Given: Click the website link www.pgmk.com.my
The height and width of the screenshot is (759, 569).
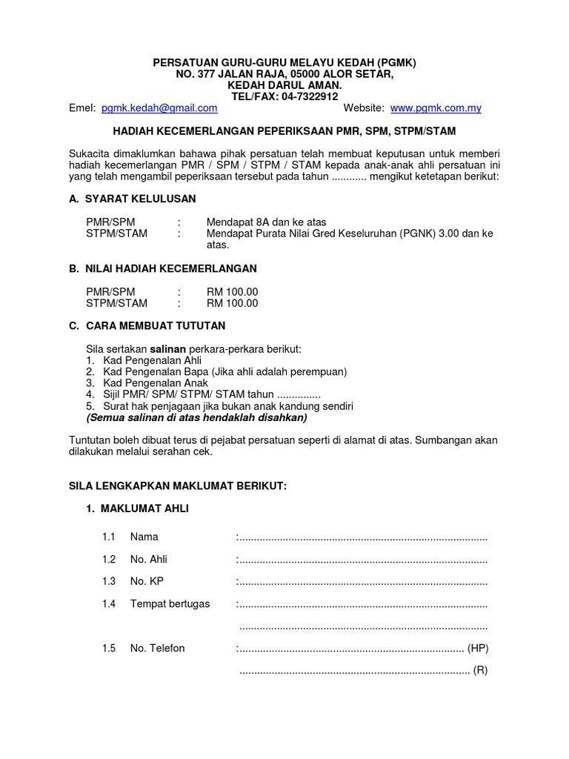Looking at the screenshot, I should (x=436, y=108).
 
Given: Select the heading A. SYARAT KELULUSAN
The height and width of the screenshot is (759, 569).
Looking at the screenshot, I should (x=133, y=199).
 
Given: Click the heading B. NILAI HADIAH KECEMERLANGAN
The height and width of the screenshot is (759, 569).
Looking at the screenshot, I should (x=162, y=268).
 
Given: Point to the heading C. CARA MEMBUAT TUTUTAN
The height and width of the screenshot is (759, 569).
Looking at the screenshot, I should (x=147, y=326).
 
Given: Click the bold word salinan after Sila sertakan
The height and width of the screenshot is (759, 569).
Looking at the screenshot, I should (x=168, y=349).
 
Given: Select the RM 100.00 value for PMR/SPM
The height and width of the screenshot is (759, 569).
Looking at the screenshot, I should (x=233, y=292).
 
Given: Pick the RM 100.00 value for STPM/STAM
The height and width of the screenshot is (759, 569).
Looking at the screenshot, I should (x=233, y=303).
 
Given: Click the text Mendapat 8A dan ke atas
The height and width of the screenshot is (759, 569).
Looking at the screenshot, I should (x=266, y=222).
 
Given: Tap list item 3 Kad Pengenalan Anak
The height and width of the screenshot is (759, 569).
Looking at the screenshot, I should (x=152, y=383).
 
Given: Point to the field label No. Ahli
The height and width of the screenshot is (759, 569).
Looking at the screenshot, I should (x=148, y=560).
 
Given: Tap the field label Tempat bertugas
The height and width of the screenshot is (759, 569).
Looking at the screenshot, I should (x=170, y=604).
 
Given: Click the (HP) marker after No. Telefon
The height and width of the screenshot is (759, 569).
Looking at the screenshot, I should (x=478, y=649).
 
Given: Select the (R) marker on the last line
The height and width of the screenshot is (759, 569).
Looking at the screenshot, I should (x=480, y=672).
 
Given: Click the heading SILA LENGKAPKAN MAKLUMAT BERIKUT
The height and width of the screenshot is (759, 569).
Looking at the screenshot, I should (x=177, y=486).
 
